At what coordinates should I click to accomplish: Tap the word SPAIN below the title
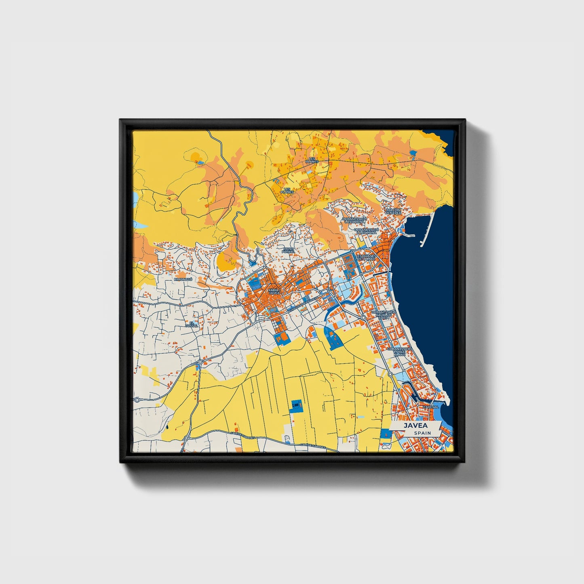click(x=422, y=433)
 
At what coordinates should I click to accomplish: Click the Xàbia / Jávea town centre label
click(x=274, y=292)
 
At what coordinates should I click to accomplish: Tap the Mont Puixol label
click(x=289, y=250)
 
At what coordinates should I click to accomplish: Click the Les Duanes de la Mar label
click(x=366, y=257)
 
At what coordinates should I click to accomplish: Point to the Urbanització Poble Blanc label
click(x=399, y=351)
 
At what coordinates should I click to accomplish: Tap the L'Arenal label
click(x=431, y=407)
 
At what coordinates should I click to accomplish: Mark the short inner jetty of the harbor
click(x=409, y=235)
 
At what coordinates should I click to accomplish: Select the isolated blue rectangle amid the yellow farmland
click(x=297, y=405)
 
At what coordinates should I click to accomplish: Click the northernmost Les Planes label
click(x=312, y=160)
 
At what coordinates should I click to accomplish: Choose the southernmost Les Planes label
click(x=288, y=190)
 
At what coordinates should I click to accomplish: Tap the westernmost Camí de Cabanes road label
click(x=241, y=433)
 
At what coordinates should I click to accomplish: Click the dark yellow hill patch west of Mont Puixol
click(x=226, y=261)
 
